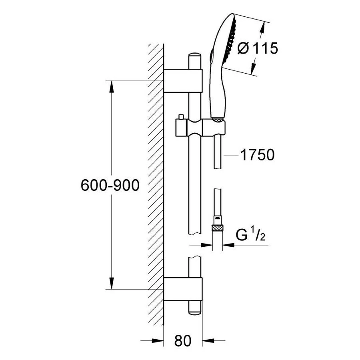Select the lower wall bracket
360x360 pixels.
(183, 288)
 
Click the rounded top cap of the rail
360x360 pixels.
(194, 56)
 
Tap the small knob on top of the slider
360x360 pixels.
(181, 116)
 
